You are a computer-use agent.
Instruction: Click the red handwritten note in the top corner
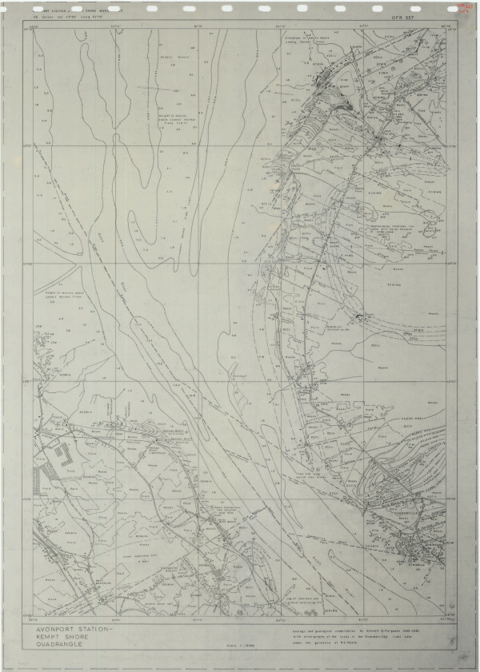pos(462,7)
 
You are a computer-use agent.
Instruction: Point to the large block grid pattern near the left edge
pos(61,464)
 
